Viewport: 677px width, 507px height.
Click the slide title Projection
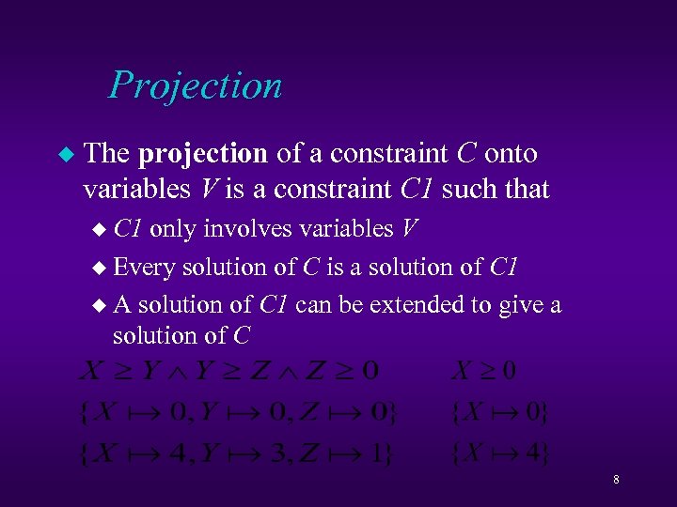(195, 84)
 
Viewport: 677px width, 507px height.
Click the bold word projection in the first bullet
(201, 153)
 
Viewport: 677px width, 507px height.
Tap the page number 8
(615, 481)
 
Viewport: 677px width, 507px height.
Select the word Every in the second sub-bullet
(145, 268)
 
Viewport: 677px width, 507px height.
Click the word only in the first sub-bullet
(171, 229)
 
